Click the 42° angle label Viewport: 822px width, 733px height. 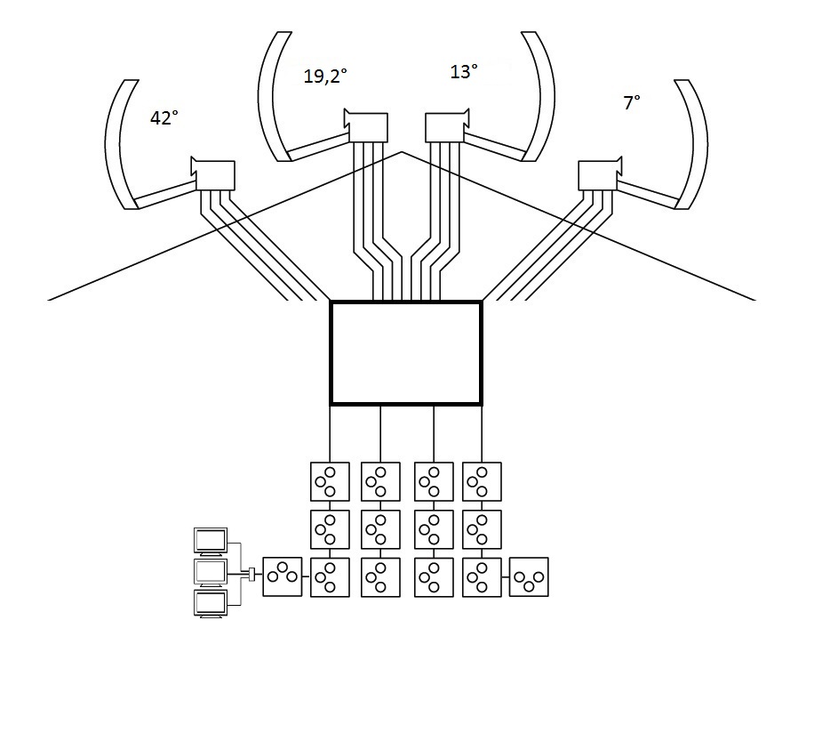click(x=164, y=118)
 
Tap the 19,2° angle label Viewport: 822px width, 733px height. click(x=325, y=77)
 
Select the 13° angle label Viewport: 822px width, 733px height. click(x=464, y=71)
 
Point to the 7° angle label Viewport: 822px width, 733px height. click(x=632, y=102)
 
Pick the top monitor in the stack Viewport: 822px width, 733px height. click(x=211, y=542)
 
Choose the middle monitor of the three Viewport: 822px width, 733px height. click(x=211, y=573)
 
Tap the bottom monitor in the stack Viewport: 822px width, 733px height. click(x=211, y=603)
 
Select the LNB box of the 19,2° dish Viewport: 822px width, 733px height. click(x=366, y=126)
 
